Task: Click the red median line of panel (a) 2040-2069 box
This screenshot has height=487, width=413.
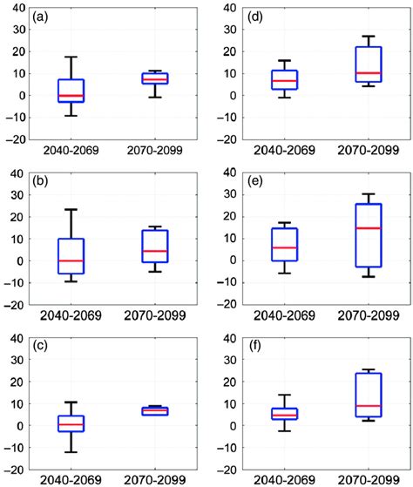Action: [x=71, y=95]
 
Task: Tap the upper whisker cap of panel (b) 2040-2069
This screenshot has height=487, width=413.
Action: [x=71, y=209]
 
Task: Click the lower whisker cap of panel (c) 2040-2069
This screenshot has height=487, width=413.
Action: [x=71, y=452]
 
